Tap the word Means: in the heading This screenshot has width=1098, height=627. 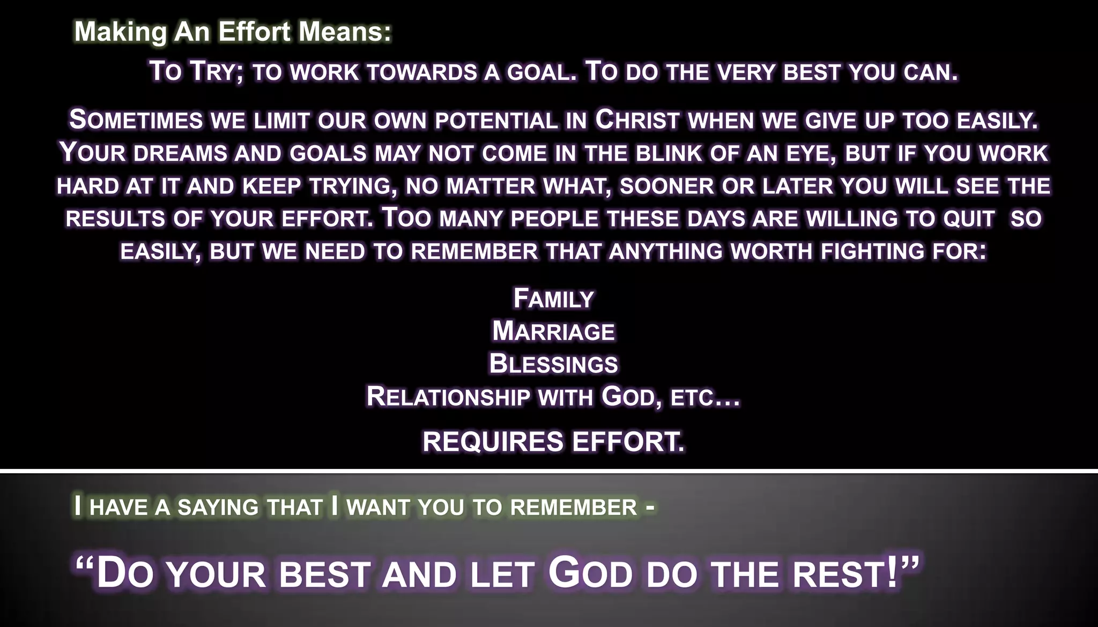345,32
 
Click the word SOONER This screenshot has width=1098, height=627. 666,186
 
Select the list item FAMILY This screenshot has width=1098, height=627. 553,299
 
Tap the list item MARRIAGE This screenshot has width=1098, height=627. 553,332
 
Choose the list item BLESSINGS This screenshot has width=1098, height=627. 553,364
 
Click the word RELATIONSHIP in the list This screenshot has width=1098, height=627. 448,397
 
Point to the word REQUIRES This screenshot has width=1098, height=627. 493,442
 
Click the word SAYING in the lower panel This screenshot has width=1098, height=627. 218,507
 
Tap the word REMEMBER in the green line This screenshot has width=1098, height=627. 573,507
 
